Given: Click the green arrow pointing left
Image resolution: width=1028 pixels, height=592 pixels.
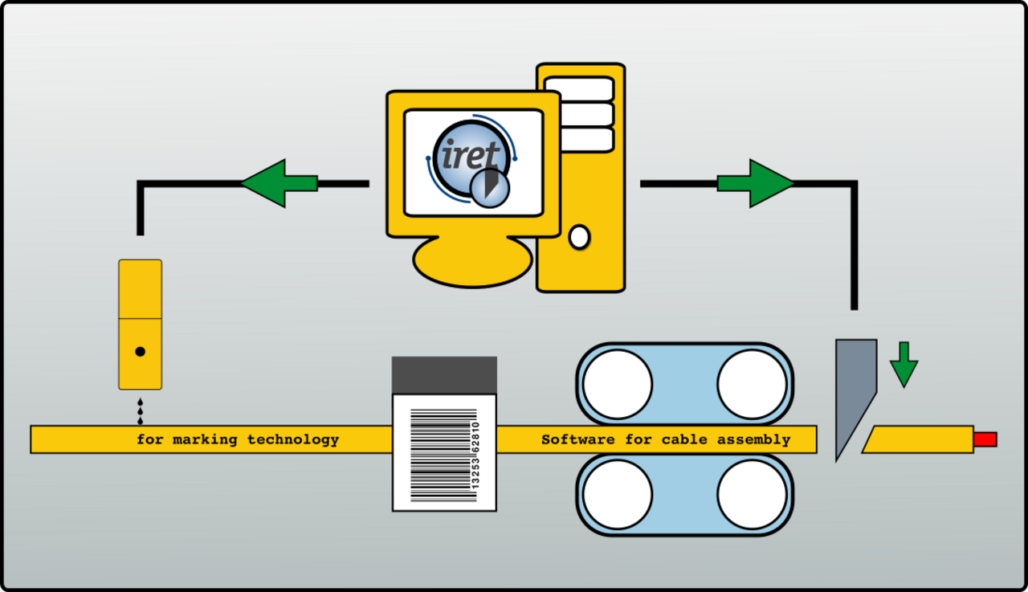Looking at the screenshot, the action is pyautogui.click(x=279, y=184).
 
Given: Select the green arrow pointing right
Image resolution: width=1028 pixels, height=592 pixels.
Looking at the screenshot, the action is pyautogui.click(x=756, y=184).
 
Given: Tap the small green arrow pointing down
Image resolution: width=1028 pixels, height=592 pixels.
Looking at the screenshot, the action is pyautogui.click(x=904, y=365).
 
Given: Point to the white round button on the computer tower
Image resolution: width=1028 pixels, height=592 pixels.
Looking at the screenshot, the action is pyautogui.click(x=579, y=237).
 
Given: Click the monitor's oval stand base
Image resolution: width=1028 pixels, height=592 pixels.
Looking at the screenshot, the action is pyautogui.click(x=473, y=262).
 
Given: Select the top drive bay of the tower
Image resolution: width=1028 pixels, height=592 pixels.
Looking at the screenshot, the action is pyautogui.click(x=579, y=89).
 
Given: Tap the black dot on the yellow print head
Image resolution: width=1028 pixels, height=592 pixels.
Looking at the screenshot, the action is pyautogui.click(x=141, y=352).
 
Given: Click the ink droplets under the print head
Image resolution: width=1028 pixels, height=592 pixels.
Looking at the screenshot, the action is pyautogui.click(x=140, y=411).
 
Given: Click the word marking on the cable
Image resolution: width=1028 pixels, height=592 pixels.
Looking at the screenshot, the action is pyautogui.click(x=205, y=439).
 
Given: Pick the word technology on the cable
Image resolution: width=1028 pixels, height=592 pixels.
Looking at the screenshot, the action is pyautogui.click(x=293, y=440).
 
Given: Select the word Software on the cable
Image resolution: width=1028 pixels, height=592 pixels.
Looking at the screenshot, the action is pyautogui.click(x=577, y=439).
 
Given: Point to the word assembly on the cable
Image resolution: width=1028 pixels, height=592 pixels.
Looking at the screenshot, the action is pyautogui.click(x=754, y=440).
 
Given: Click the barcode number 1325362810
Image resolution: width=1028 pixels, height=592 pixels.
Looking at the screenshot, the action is pyautogui.click(x=475, y=455).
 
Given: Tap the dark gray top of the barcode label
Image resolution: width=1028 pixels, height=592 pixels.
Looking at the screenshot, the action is pyautogui.click(x=444, y=375).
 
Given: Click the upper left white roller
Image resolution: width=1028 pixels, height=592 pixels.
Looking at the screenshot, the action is pyautogui.click(x=618, y=385).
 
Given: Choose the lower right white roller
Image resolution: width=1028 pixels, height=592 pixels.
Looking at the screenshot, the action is pyautogui.click(x=752, y=495).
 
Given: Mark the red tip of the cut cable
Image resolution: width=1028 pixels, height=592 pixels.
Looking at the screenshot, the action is pyautogui.click(x=985, y=439).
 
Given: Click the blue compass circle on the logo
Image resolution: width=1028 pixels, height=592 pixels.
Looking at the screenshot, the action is pyautogui.click(x=490, y=188).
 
